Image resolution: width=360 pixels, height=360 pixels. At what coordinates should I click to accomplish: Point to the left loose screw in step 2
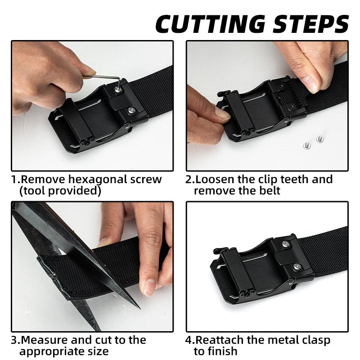tap(307, 145)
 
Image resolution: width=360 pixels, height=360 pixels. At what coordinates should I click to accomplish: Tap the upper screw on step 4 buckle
tap(286, 244)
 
